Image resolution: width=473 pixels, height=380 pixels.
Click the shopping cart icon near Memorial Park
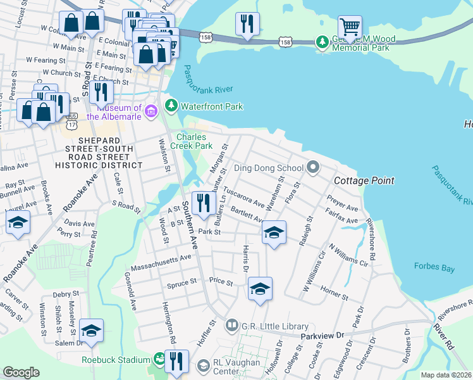click(x=350, y=27)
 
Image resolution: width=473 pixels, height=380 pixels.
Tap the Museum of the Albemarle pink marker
click(x=150, y=112)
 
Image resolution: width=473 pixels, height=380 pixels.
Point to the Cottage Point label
click(x=364, y=180)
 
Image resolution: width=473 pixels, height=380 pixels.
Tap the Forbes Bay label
click(x=434, y=269)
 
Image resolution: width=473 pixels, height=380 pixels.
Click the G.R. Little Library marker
click(x=232, y=326)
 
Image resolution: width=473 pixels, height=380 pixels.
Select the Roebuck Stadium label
click(x=116, y=360)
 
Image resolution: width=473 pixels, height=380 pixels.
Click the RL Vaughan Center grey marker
click(x=203, y=365)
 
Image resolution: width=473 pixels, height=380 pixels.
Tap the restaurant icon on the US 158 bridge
click(x=246, y=25)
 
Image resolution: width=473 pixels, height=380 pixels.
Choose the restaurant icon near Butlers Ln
click(x=203, y=203)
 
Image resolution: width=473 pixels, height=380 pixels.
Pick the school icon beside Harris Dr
click(x=259, y=289)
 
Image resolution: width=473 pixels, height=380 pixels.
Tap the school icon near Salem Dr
click(x=91, y=331)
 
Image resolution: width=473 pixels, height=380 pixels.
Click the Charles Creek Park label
click(x=194, y=141)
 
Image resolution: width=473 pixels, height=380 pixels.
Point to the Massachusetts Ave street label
click(x=161, y=258)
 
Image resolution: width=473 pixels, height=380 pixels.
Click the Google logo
click(x=21, y=372)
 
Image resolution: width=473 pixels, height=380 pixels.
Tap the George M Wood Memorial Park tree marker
click(x=323, y=42)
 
